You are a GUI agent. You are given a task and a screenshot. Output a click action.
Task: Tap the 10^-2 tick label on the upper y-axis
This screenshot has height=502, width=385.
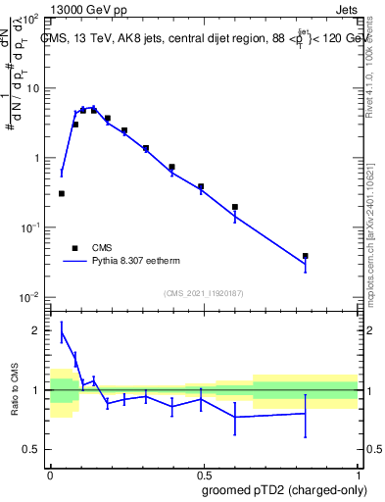click(x=30, y=297)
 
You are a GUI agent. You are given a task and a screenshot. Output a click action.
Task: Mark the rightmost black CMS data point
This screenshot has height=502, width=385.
click(x=306, y=256)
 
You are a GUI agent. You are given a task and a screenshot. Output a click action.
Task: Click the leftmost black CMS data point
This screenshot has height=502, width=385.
click(x=62, y=194)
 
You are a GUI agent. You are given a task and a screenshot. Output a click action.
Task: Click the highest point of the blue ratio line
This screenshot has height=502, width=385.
click(x=62, y=332)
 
